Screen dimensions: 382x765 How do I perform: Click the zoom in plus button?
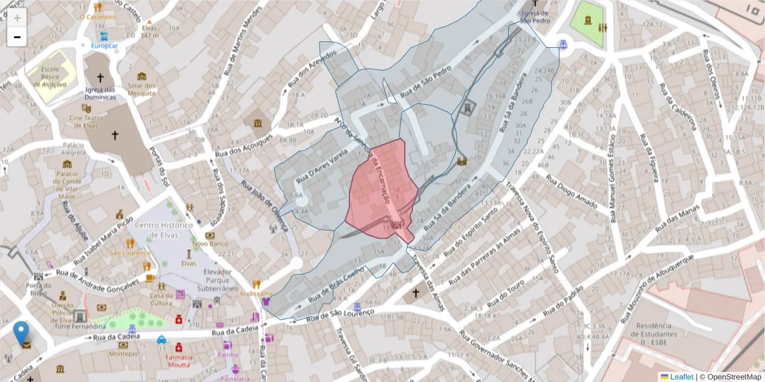[17, 18]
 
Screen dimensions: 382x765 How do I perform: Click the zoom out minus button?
[17, 37]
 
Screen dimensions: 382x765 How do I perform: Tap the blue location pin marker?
[21, 332]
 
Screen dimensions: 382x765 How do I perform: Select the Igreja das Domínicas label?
[100, 93]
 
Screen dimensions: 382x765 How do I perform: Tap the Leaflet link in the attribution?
[681, 376]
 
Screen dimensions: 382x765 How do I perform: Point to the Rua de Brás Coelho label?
[336, 284]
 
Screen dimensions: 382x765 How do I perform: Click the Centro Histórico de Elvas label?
[164, 230]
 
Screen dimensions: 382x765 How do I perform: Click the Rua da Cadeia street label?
[236, 331]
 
